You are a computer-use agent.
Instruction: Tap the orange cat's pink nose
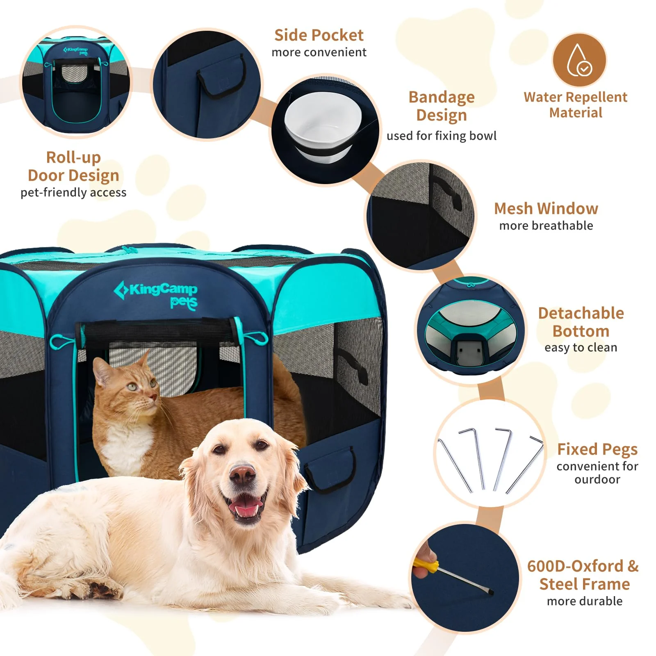(x=153, y=397)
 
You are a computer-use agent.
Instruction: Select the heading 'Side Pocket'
(x=319, y=35)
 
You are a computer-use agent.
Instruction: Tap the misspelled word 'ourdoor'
(x=597, y=479)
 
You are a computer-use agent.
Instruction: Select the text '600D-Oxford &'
(x=583, y=566)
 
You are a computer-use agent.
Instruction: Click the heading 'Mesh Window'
(x=546, y=209)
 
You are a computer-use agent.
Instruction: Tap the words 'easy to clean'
(x=581, y=347)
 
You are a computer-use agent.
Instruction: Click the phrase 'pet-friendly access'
(x=73, y=192)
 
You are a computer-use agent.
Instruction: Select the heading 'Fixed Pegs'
(x=597, y=449)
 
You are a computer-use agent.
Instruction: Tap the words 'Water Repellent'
(x=575, y=97)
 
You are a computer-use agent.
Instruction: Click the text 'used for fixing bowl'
(x=441, y=136)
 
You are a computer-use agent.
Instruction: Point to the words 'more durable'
(x=584, y=601)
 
